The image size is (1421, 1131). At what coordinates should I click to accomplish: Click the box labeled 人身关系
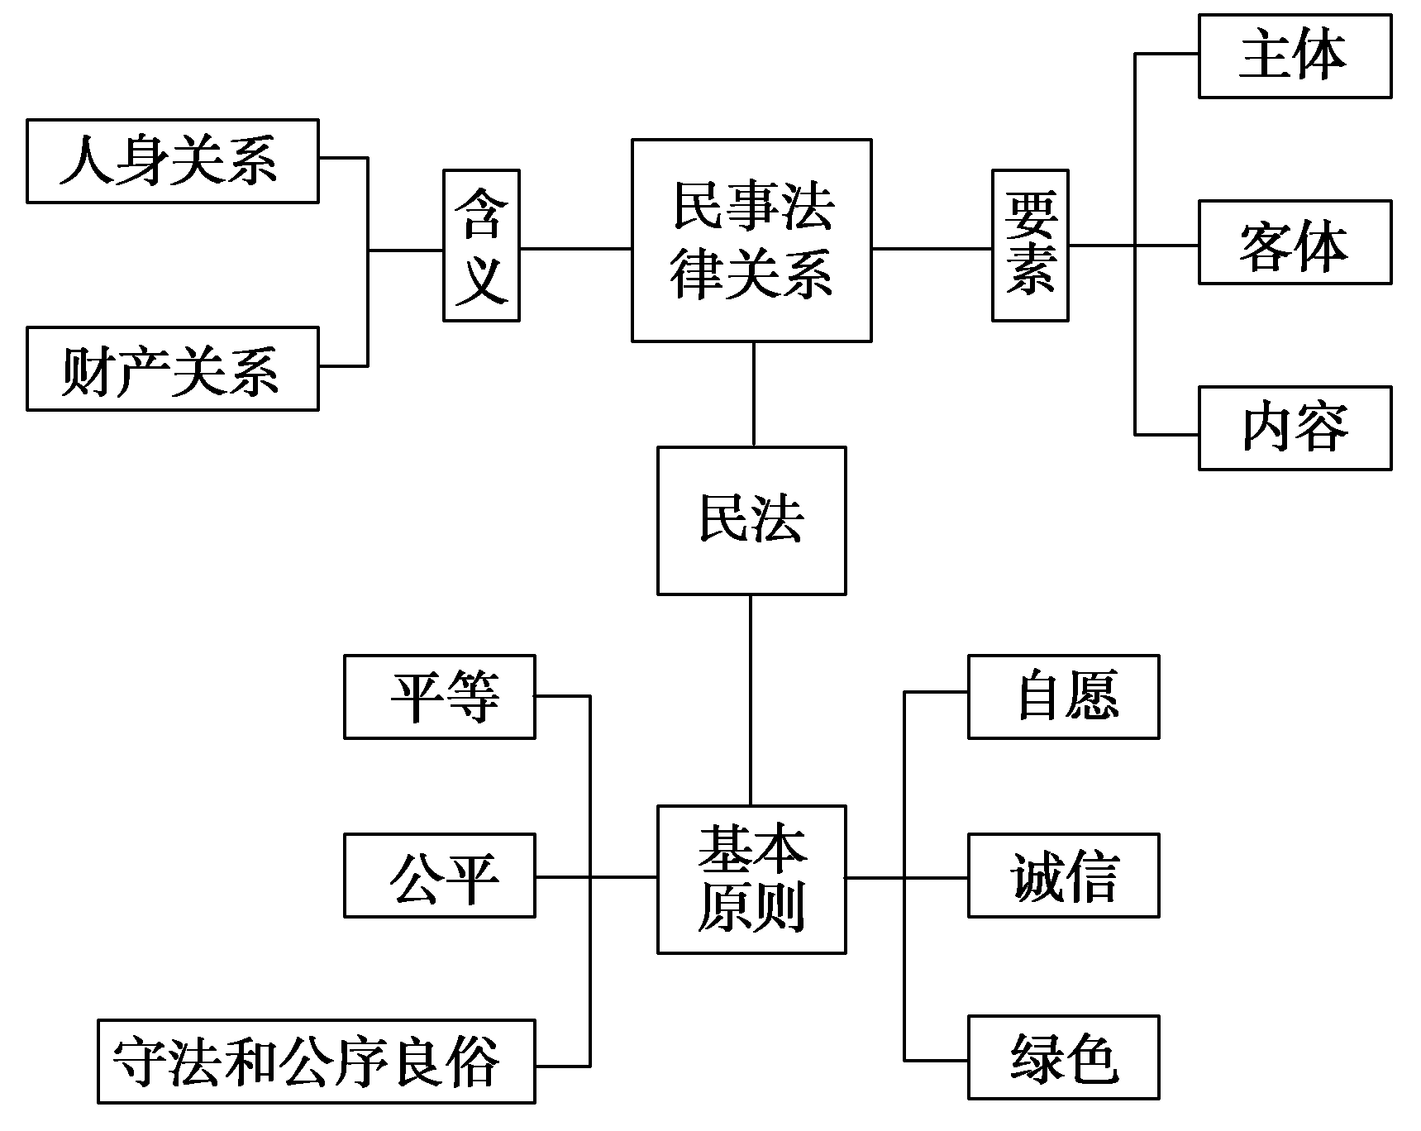(172, 161)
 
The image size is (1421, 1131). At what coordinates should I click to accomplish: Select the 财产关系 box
(172, 369)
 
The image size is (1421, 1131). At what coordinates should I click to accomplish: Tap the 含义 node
(481, 246)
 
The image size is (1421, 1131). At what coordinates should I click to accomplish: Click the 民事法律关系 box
(751, 241)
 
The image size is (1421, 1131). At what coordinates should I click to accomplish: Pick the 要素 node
(1030, 246)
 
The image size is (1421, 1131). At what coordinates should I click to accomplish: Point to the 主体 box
(1295, 56)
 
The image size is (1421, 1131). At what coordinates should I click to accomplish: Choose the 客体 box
(1295, 242)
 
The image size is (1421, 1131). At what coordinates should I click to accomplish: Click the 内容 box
(1295, 428)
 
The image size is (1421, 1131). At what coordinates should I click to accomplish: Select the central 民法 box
(751, 521)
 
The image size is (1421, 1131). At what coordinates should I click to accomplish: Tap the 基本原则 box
(751, 880)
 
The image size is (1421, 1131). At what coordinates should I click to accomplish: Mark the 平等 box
(440, 697)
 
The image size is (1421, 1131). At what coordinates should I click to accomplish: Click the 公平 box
(440, 876)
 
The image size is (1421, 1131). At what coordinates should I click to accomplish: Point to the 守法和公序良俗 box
(316, 1062)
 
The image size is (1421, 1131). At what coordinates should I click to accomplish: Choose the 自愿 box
(1064, 697)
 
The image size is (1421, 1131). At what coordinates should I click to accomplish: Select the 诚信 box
(1064, 876)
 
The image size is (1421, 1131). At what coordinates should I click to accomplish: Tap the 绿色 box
(1064, 1057)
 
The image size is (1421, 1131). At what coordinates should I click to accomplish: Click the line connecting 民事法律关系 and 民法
(753, 394)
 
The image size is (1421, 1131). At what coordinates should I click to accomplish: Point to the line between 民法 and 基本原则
(751, 700)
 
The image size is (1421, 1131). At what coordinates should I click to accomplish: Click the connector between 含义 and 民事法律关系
(575, 248)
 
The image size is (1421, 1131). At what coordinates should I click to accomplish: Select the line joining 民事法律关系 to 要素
(932, 248)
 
